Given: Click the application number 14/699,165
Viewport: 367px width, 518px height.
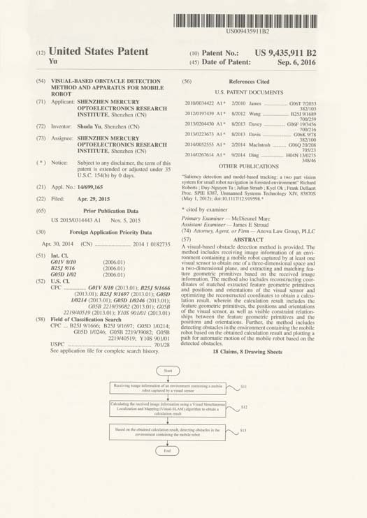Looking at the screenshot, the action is (x=90, y=187).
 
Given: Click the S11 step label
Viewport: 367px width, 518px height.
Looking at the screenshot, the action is (x=244, y=385).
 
